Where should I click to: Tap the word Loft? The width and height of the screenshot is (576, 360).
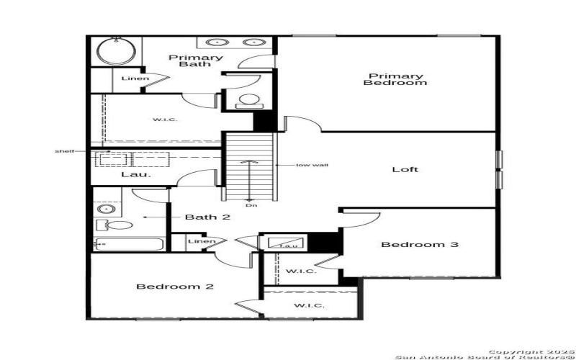405,170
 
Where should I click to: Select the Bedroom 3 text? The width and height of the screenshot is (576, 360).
420,245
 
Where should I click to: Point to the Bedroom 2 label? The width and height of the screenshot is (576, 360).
175,287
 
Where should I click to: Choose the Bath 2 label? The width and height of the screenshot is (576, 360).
207,217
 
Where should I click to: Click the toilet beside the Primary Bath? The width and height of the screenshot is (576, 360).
249,100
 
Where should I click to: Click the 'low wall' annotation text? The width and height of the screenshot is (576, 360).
312,165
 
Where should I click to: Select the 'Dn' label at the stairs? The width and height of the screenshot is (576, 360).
250,206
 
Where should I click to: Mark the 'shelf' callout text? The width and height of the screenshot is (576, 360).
65,151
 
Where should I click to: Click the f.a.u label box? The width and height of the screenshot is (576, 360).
289,245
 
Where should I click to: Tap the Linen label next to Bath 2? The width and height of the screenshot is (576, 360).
201,241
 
